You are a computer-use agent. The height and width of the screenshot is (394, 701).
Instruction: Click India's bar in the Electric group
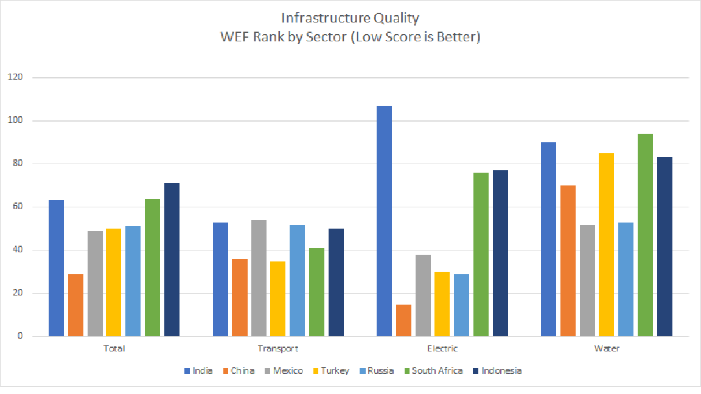(384, 221)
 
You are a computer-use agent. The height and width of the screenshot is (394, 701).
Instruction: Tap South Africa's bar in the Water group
(645, 235)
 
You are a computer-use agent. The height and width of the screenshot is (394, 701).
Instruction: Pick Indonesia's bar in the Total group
(172, 260)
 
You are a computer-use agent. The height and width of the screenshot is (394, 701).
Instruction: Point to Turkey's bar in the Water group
(606, 244)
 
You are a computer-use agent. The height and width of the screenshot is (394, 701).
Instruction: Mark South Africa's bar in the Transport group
(316, 292)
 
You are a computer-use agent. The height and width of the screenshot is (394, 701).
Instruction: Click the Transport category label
(278, 349)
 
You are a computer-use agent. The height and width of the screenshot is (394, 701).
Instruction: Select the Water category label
(607, 349)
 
